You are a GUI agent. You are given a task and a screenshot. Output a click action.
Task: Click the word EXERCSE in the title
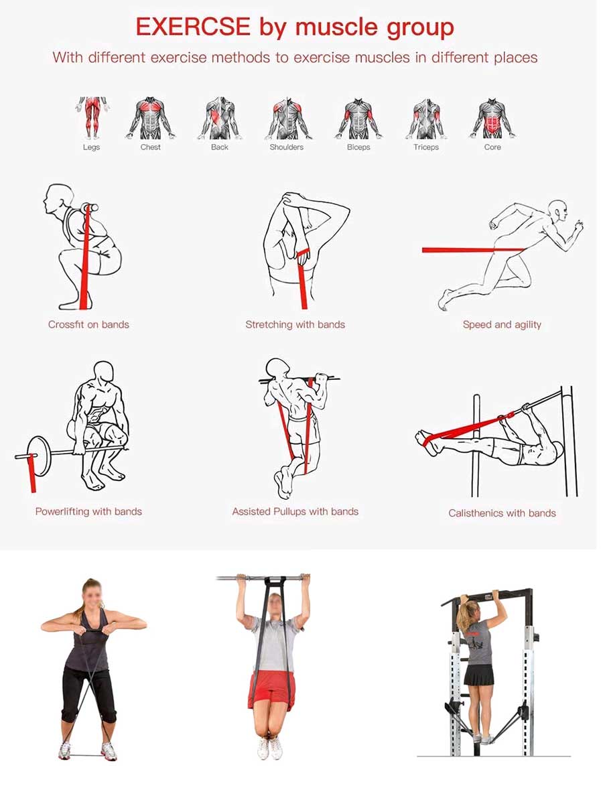click(193, 27)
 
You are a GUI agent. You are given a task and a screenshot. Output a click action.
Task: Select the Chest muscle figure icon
click(151, 118)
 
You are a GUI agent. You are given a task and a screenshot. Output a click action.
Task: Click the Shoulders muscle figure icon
click(288, 118)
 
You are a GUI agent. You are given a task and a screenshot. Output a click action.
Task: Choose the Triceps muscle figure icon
click(426, 118)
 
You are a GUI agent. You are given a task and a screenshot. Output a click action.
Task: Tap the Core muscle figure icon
click(492, 118)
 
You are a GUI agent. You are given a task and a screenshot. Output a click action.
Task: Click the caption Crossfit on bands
click(88, 324)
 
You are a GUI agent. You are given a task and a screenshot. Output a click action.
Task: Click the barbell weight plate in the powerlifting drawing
click(40, 456)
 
